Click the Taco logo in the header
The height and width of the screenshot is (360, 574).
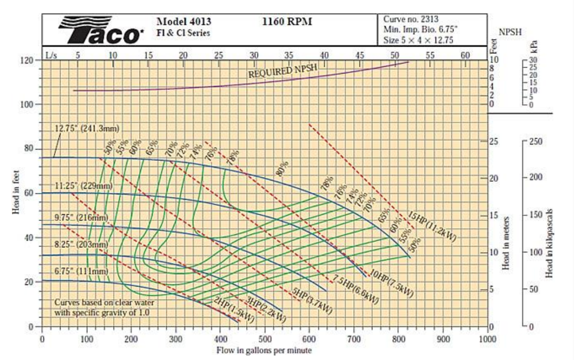click(101, 30)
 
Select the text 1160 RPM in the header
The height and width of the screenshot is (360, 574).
click(287, 22)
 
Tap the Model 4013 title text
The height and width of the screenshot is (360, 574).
click(184, 22)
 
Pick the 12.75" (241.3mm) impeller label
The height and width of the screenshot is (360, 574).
click(87, 128)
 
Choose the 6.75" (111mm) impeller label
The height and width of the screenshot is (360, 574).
click(81, 271)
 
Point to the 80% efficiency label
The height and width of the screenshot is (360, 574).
click(283, 167)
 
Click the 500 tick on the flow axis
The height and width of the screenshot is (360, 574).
click(265, 339)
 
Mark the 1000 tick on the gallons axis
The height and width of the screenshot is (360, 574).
click(488, 339)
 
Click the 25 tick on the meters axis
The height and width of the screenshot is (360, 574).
click(494, 141)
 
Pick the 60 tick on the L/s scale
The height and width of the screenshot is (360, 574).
click(465, 54)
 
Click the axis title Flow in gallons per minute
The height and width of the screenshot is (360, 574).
click(263, 350)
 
